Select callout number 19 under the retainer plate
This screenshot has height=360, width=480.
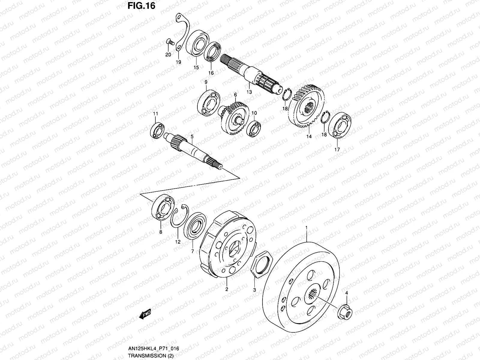[x=178, y=62]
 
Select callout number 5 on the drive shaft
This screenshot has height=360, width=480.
[x=192, y=136]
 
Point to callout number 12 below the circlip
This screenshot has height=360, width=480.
[x=178, y=241]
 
